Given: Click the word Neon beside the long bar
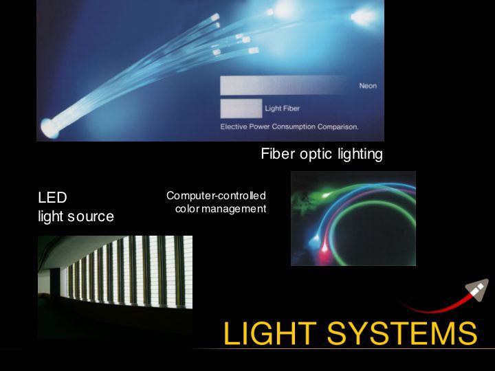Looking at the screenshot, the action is tap(368, 86).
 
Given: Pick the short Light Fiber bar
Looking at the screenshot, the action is tap(241, 109).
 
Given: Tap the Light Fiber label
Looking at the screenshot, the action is tap(283, 109).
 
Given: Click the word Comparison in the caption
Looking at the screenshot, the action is tap(338, 127).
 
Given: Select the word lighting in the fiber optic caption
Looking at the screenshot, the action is tap(360, 155).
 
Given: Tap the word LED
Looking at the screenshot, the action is tap(52, 198).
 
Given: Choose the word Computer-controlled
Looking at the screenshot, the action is tap(216, 196).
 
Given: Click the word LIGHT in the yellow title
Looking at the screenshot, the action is tap(270, 333).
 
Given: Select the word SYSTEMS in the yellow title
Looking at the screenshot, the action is tap(402, 333).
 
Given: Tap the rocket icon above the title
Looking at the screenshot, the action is tap(477, 290).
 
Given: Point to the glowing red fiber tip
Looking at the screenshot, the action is tap(324, 250).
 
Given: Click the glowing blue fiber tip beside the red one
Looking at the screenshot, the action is tap(314, 243).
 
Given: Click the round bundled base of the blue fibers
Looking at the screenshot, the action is tap(49, 128).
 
